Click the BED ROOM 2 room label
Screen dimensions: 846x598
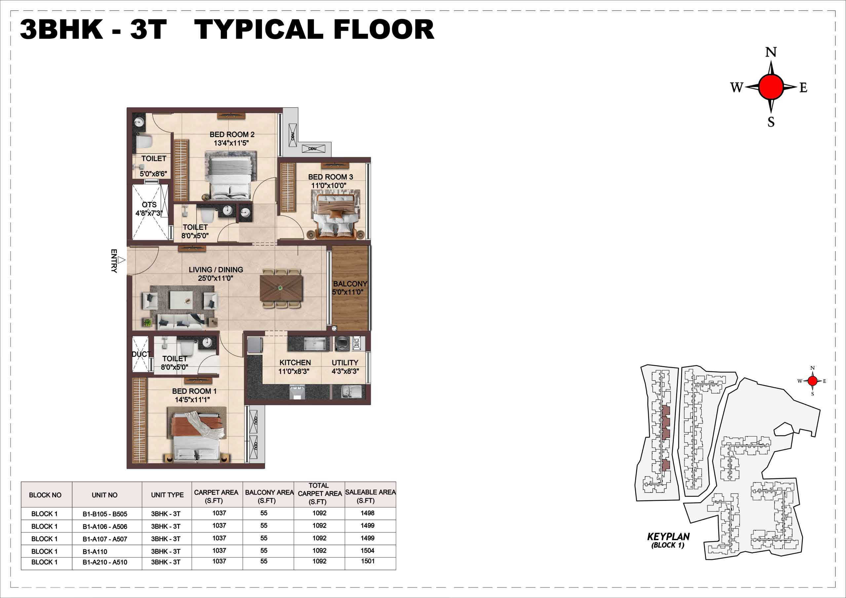(232, 134)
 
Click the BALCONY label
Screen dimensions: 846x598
(350, 284)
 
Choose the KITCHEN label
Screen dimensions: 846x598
(295, 362)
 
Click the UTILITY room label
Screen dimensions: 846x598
(345, 362)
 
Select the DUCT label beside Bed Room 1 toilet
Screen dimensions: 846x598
(141, 354)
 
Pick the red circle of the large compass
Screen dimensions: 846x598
(771, 87)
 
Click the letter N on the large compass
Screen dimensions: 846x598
(771, 52)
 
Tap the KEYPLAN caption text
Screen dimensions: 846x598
(669, 537)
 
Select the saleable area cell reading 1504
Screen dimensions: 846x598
(367, 550)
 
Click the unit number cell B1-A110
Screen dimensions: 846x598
(95, 551)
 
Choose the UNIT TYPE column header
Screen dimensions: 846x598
(167, 495)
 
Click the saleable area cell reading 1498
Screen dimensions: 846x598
(367, 513)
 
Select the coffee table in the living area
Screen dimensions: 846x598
(181, 300)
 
